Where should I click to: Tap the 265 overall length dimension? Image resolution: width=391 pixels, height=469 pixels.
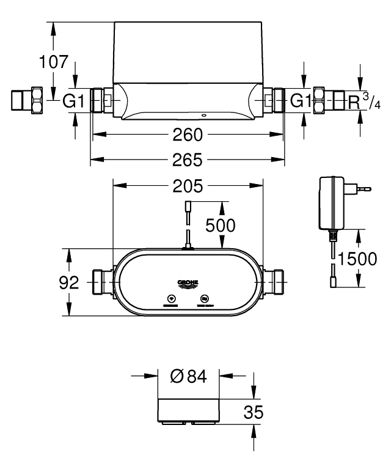pos(186,160)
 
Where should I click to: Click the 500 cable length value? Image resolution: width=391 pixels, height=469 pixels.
pos(219,225)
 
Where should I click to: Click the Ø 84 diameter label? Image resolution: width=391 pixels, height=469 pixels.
pos(189,377)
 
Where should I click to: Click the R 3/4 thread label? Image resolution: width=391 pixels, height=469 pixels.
pos(364,102)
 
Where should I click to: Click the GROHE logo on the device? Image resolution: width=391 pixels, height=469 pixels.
pos(188,283)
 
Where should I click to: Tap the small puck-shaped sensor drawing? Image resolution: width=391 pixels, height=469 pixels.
pos(188,411)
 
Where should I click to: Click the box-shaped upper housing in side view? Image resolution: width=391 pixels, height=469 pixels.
pos(188,52)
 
